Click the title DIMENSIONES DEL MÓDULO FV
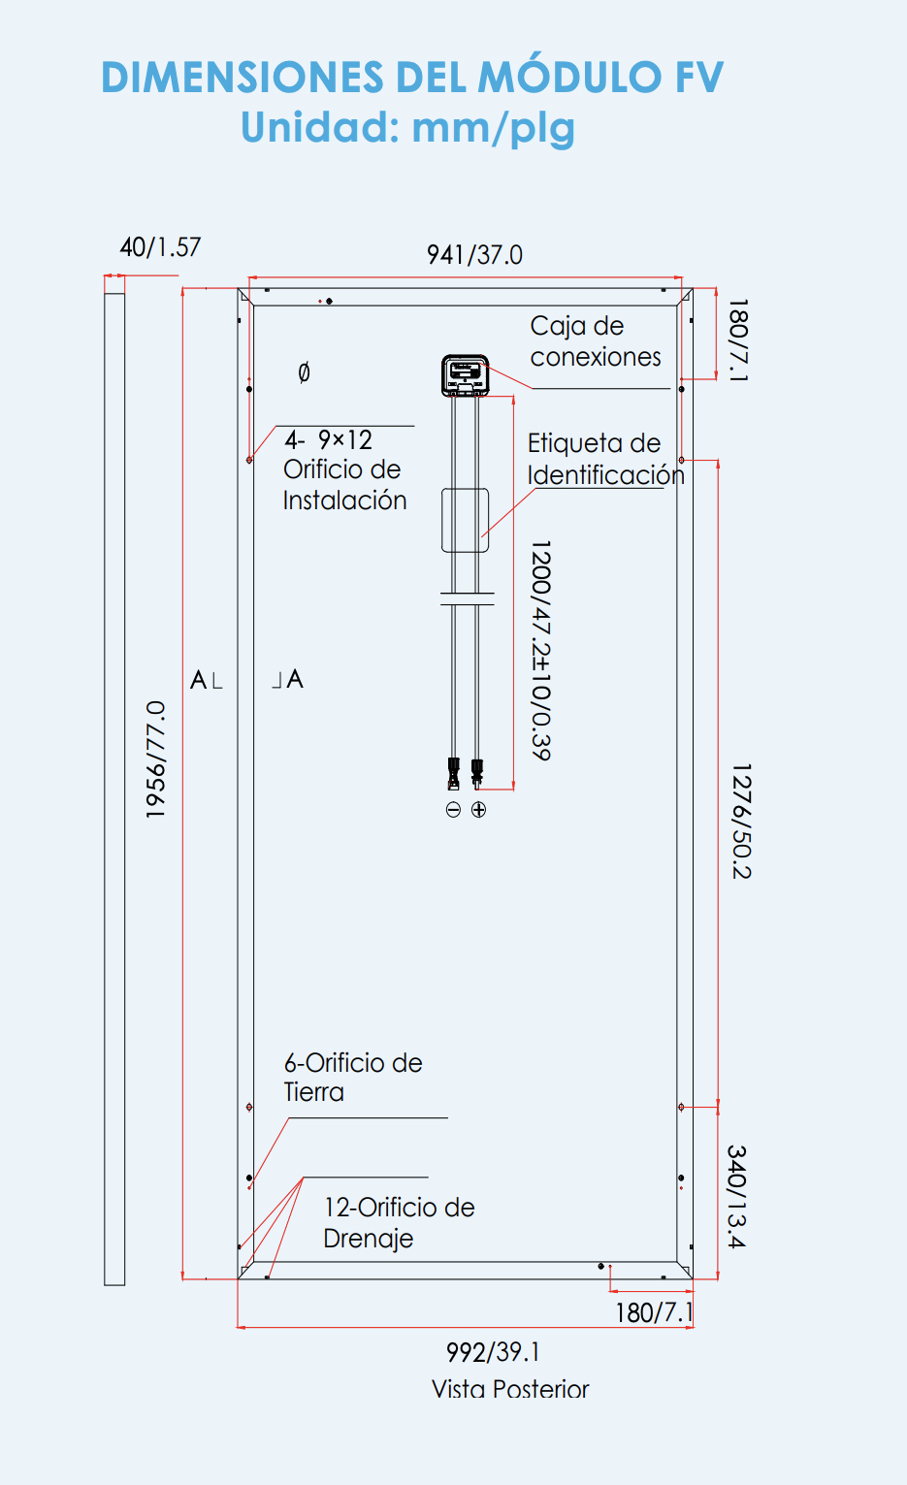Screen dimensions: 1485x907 click(412, 78)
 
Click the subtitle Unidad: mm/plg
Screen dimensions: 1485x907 click(407, 128)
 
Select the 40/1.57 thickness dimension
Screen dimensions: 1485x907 click(160, 247)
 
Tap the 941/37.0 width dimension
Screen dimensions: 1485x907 click(474, 255)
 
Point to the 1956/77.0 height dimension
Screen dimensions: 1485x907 click(155, 759)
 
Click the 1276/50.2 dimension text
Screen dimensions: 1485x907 click(741, 822)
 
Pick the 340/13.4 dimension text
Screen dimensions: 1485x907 click(737, 1197)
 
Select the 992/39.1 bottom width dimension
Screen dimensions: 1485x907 click(493, 1352)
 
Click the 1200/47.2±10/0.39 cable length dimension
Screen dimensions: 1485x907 click(541, 650)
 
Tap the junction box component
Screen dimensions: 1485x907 click(466, 375)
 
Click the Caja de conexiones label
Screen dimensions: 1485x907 click(595, 341)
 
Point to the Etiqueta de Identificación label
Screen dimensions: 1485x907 click(605, 459)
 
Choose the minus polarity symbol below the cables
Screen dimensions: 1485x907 click(453, 810)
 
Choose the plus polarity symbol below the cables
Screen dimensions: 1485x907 click(478, 810)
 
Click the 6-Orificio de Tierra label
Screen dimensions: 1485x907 click(353, 1078)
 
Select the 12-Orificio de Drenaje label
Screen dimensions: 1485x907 click(399, 1222)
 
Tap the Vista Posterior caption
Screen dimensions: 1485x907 click(510, 1389)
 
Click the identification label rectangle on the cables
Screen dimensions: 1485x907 click(466, 520)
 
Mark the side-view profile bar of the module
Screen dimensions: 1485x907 click(114, 786)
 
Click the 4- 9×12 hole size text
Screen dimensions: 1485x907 click(329, 440)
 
